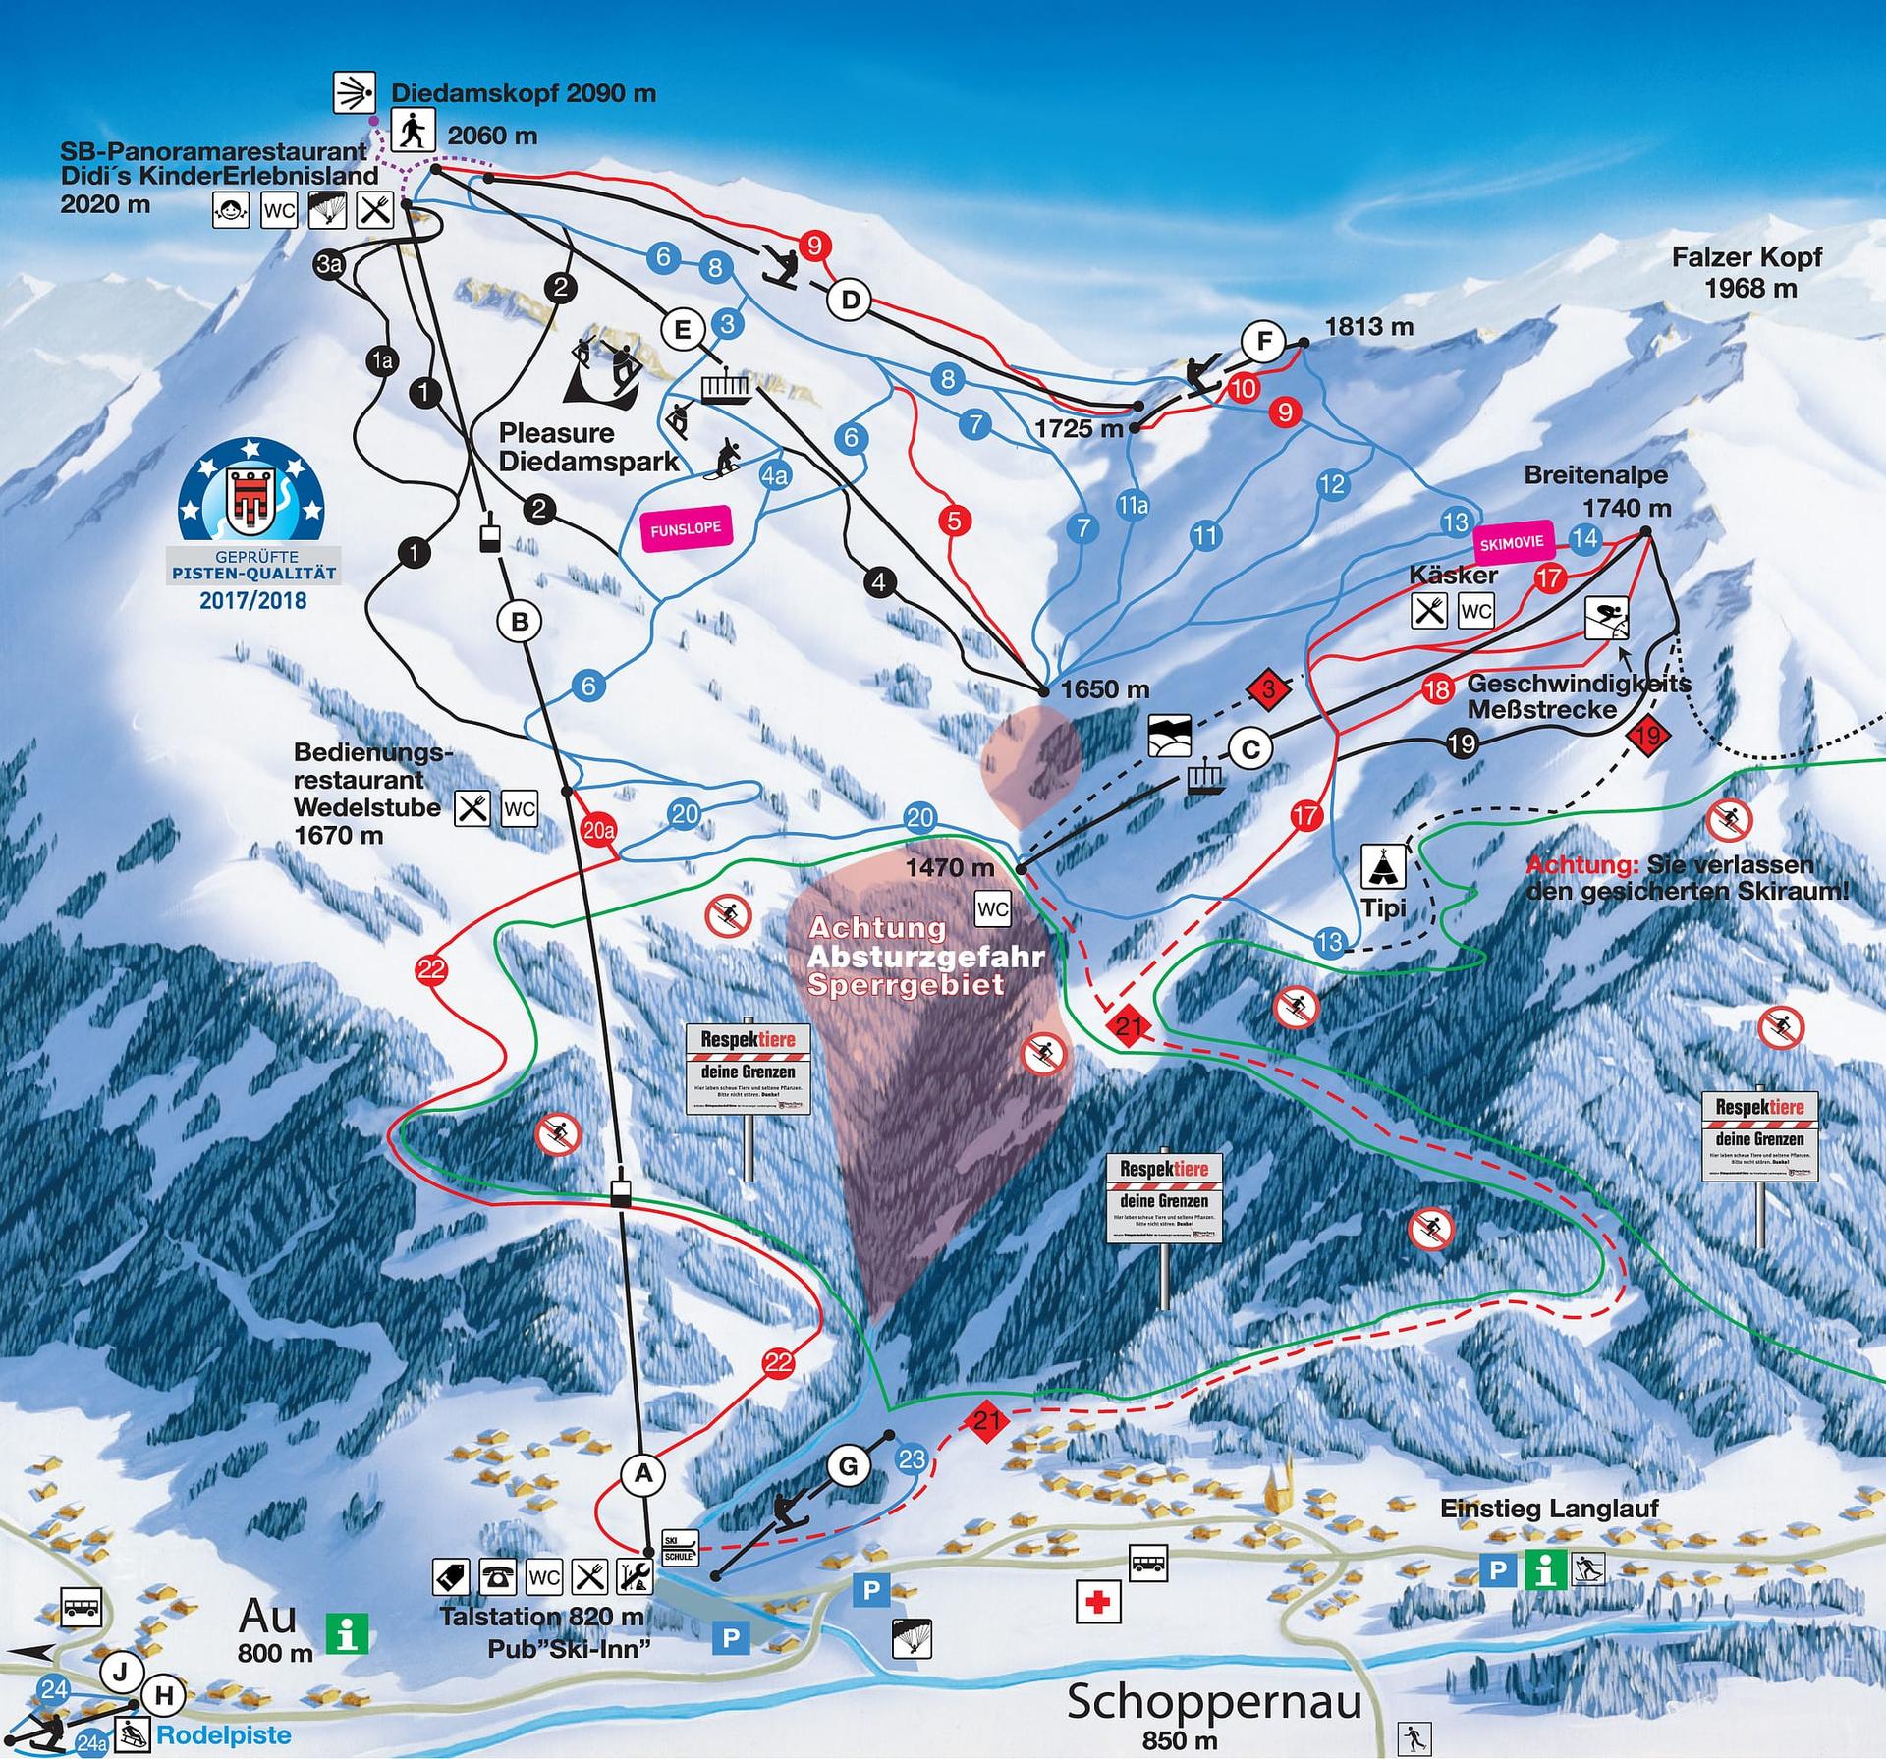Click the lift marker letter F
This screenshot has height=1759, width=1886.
point(1263,342)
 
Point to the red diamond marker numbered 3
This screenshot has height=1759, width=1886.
point(1269,688)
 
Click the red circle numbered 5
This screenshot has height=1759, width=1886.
point(954,520)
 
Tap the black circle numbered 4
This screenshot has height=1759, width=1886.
point(879,582)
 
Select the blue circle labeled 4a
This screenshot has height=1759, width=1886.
point(775,477)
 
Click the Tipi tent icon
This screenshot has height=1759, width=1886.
point(1383,866)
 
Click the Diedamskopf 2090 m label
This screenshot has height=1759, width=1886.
point(523,93)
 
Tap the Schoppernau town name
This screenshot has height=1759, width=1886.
point(1214,1701)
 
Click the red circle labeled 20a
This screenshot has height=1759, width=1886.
point(598,830)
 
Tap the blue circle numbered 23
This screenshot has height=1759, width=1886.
point(912,1459)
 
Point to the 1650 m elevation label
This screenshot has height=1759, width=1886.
point(1104,688)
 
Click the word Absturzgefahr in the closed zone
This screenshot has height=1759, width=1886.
point(925,956)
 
